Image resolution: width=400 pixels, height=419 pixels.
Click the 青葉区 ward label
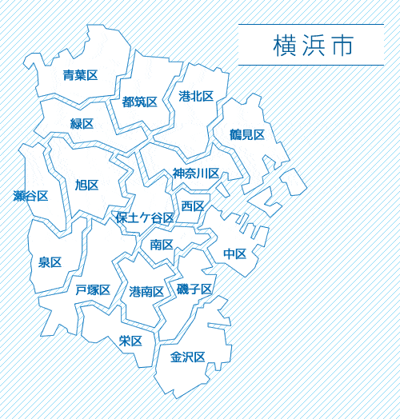tap(80, 75)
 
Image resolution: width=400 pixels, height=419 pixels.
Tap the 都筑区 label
tap(139, 102)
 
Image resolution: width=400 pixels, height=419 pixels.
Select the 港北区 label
tap(196, 96)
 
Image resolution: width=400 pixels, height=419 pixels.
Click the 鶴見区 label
tap(246, 134)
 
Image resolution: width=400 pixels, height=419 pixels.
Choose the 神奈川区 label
tap(196, 174)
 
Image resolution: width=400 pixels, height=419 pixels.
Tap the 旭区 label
tap(86, 185)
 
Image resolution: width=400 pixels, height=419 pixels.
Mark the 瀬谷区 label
tap(31, 196)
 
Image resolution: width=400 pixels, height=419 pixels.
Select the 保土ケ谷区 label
tap(145, 217)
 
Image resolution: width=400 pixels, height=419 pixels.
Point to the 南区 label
tap(162, 244)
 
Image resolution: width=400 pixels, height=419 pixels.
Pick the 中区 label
tap(234, 253)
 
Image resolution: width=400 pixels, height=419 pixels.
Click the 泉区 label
tap(50, 262)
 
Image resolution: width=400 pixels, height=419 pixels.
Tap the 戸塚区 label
tap(93, 289)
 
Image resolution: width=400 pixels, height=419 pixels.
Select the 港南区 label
tap(146, 292)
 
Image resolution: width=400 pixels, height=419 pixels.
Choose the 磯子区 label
tap(194, 289)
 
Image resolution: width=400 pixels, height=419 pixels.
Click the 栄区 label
tap(130, 341)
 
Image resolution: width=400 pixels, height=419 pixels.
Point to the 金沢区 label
tap(188, 357)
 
